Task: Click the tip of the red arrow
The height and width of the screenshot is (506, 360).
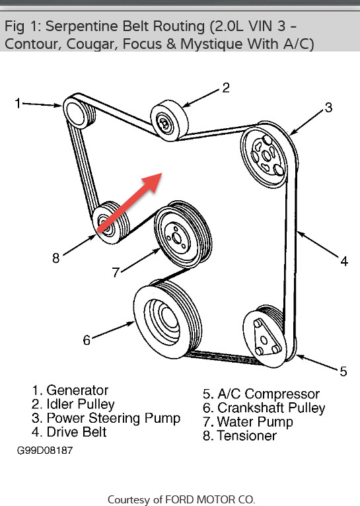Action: [x=161, y=176]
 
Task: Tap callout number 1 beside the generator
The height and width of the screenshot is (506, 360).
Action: [x=18, y=102]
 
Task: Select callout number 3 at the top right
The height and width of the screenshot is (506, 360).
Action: [x=328, y=108]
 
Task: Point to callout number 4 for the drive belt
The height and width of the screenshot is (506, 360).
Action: [x=343, y=262]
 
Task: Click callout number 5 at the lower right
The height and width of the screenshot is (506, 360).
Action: [x=343, y=371]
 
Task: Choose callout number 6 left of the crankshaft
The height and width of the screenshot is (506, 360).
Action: [x=87, y=340]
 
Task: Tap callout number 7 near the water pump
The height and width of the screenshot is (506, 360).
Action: [x=116, y=271]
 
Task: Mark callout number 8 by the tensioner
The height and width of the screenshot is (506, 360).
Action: [x=56, y=258]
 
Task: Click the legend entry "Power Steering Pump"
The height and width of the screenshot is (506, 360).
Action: [x=113, y=418]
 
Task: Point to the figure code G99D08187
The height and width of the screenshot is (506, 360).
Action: [x=45, y=451]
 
